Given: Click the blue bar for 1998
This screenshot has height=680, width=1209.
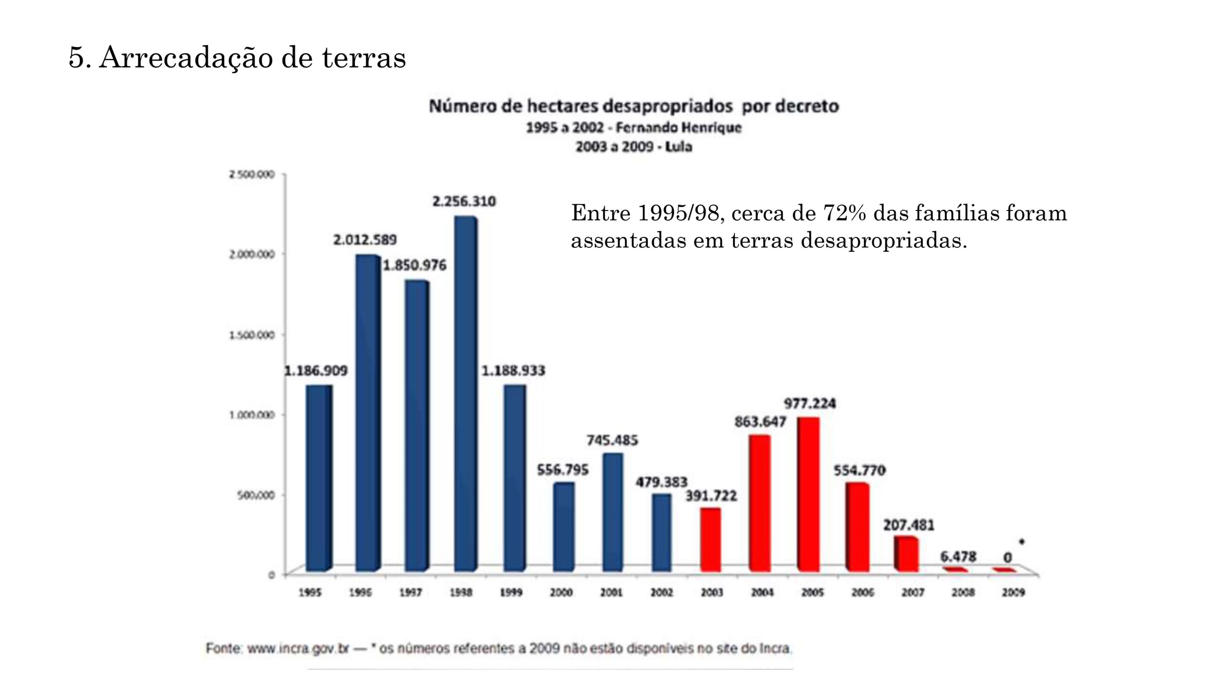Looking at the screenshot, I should click(x=465, y=394).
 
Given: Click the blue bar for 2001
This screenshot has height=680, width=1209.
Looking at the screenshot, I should click(x=613, y=512).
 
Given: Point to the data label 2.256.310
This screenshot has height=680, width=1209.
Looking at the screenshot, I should click(x=464, y=202).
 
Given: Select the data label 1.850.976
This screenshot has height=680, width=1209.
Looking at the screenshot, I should click(x=414, y=265).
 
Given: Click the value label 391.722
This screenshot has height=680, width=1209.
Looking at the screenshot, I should click(x=711, y=496).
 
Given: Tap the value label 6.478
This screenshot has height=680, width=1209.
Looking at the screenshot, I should click(x=958, y=557).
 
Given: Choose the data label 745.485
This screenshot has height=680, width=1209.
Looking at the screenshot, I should click(x=612, y=441).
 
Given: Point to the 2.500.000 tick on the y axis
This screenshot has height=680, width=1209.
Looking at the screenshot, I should click(x=252, y=175).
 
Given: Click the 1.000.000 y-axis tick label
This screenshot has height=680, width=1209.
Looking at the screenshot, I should click(x=252, y=415).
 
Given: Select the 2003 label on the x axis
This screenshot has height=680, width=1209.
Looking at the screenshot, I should click(x=712, y=593).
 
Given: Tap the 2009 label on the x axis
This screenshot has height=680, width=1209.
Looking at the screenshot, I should click(x=1013, y=593).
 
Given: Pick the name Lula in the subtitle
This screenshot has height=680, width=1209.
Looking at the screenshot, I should click(x=679, y=147).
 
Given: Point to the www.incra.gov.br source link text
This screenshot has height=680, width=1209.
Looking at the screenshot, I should click(x=298, y=649).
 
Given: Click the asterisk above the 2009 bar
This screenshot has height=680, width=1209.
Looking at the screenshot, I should click(x=1022, y=542).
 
